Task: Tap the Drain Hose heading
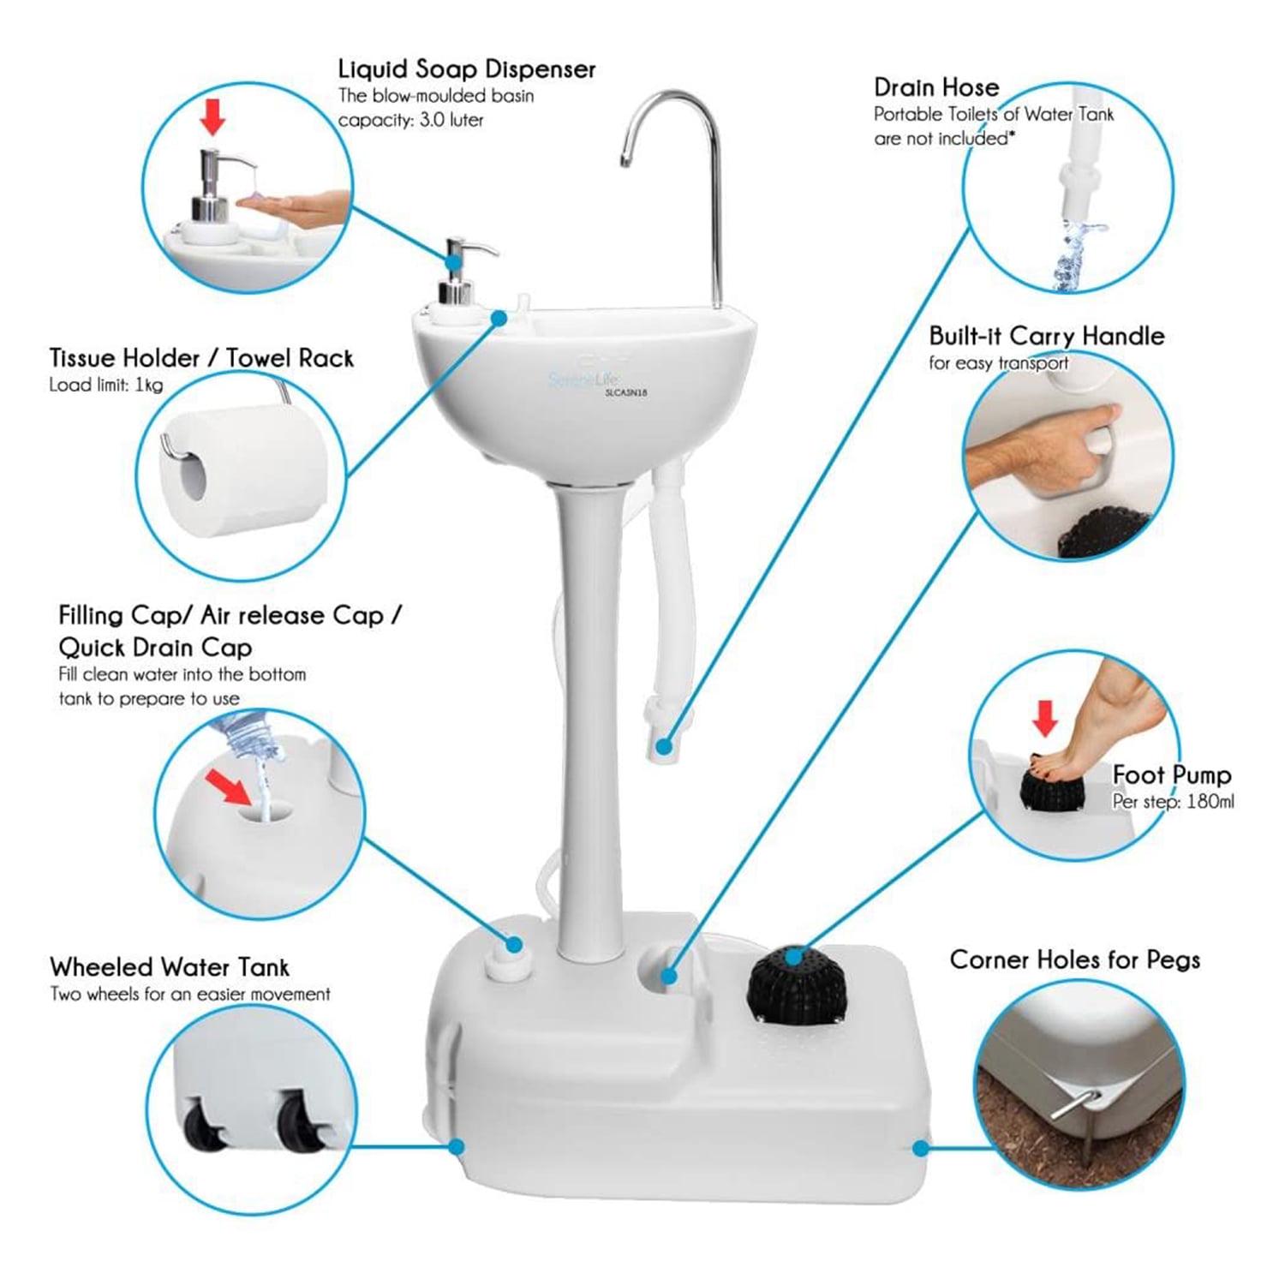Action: click(x=936, y=87)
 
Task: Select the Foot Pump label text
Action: click(x=1171, y=775)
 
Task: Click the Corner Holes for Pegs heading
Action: click(x=1074, y=960)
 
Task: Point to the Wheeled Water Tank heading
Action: click(x=170, y=967)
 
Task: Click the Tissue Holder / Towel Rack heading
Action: click(x=201, y=358)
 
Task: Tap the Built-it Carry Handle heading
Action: click(x=1047, y=336)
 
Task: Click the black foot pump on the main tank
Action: click(x=794, y=982)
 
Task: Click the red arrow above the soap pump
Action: click(x=212, y=116)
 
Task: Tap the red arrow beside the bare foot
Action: click(x=1044, y=716)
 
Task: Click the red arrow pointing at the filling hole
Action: click(x=231, y=786)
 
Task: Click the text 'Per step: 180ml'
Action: click(x=1173, y=803)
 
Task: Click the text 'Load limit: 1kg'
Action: click(x=105, y=385)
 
